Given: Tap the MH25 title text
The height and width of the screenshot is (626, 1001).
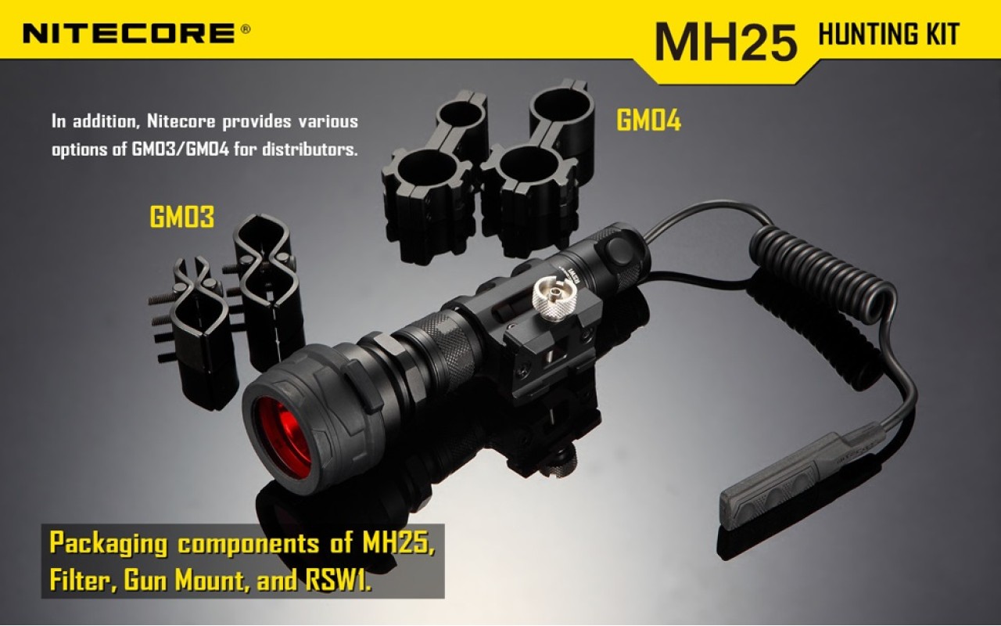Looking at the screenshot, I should (725, 41).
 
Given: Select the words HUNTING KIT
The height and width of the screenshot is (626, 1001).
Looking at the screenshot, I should (888, 34).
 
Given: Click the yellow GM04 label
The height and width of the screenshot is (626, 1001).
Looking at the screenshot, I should (648, 121).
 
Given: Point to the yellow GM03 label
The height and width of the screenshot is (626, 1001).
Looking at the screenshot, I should (181, 218).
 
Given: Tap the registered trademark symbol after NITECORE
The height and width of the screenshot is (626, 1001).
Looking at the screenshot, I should (246, 30).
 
